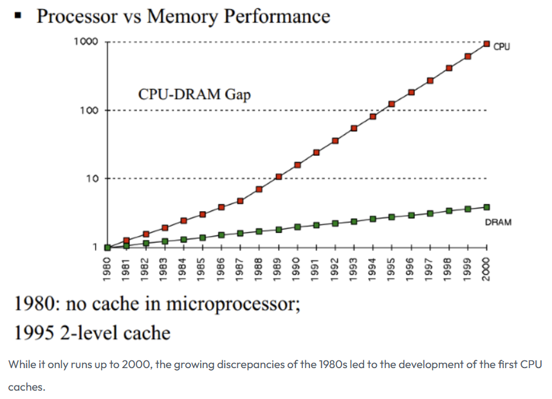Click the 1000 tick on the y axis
click(x=86, y=42)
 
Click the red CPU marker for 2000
click(x=486, y=44)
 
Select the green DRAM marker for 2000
click(x=486, y=207)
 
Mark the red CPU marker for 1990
click(x=297, y=165)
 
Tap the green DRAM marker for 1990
click(x=297, y=227)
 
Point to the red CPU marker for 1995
click(x=392, y=104)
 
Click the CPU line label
click(x=502, y=46)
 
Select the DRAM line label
click(x=497, y=222)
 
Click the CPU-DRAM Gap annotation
click(x=194, y=95)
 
